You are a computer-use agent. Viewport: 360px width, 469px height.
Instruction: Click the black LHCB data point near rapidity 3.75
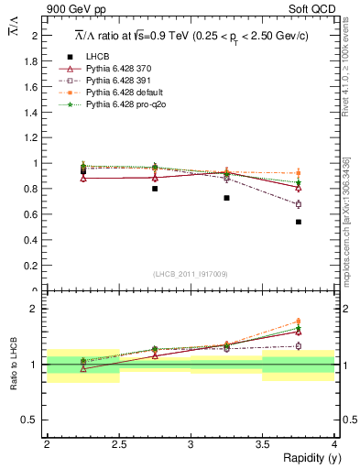point(299,222)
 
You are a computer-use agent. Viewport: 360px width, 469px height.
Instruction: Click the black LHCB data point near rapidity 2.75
point(155,189)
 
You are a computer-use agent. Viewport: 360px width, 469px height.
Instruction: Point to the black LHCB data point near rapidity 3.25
point(226,198)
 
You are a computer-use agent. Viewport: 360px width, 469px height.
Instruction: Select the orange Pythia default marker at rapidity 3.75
point(299,173)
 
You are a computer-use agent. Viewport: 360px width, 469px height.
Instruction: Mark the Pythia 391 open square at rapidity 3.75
point(299,204)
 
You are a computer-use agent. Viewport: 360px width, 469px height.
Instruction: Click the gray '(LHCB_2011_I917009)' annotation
point(191,274)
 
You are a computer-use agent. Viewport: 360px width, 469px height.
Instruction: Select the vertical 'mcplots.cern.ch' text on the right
point(349,238)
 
